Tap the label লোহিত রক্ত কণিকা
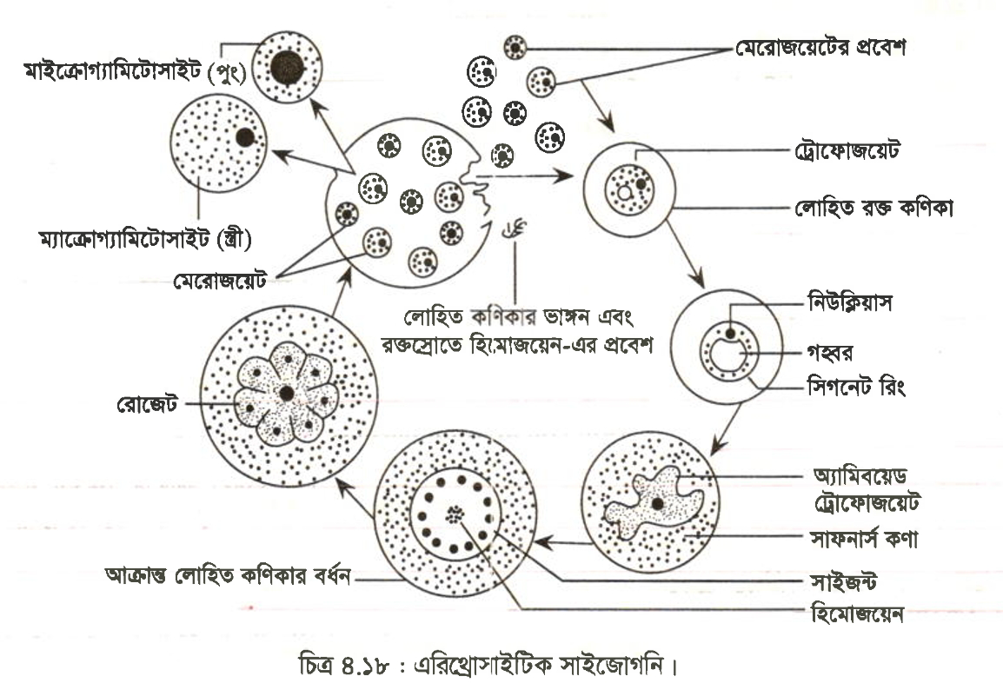tap(873, 208)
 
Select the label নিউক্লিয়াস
tap(850, 302)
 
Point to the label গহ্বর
tap(830, 353)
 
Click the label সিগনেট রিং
tap(856, 387)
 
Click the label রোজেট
tap(147, 404)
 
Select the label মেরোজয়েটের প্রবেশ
tap(820, 47)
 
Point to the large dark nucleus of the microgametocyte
tap(287, 69)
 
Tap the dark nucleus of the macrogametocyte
tap(244, 136)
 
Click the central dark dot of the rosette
tap(287, 394)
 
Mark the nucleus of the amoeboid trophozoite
tap(657, 504)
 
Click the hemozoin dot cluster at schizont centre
tap(455, 514)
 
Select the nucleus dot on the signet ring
tap(730, 334)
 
